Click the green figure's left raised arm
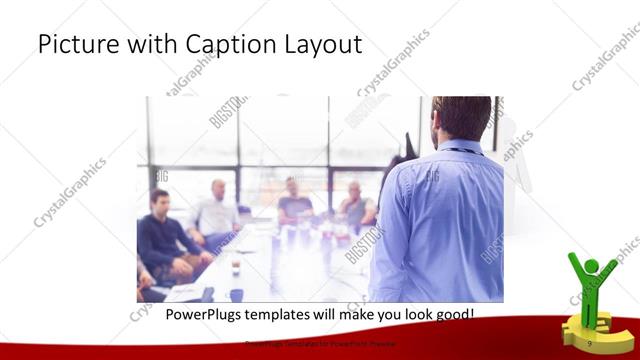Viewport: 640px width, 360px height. click(x=573, y=265)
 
